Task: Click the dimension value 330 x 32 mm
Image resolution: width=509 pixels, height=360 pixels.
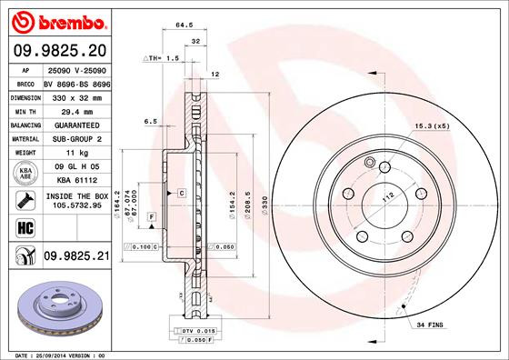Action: click(77, 95)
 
